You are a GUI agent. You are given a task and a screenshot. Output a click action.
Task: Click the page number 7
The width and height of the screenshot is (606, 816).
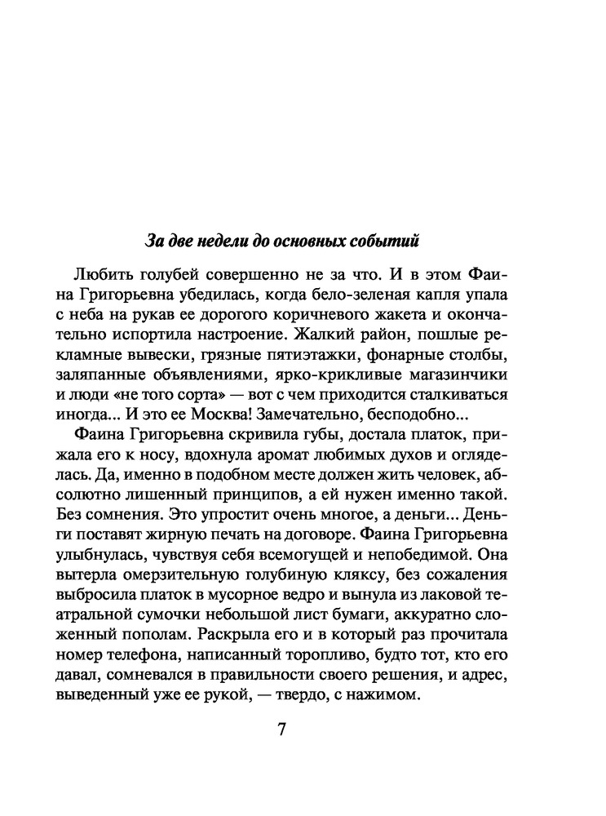[x=281, y=729]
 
